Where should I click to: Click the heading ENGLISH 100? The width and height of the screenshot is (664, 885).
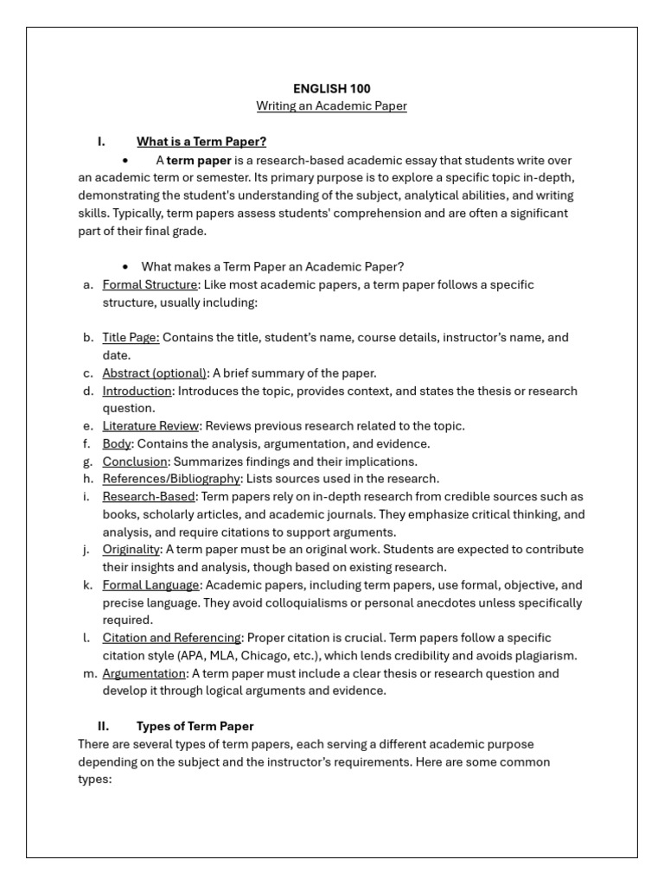[x=331, y=88]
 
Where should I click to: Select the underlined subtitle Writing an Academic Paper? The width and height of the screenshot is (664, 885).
[x=331, y=106]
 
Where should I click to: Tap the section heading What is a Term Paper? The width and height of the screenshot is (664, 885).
[x=201, y=142]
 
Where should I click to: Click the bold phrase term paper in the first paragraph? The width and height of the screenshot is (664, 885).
[x=199, y=160]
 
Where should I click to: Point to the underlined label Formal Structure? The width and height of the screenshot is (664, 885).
[x=150, y=284]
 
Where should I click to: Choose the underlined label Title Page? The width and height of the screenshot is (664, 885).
[x=131, y=338]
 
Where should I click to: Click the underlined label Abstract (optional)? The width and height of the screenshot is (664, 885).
[x=155, y=373]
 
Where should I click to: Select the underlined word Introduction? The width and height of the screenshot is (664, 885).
[x=137, y=391]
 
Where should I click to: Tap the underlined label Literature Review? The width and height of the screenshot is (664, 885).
[x=151, y=426]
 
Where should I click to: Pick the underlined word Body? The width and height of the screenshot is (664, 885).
[x=116, y=443]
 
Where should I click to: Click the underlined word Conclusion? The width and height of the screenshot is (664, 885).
[x=134, y=462]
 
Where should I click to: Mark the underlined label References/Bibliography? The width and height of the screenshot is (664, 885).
[x=171, y=479]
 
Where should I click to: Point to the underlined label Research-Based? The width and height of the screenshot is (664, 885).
[x=149, y=497]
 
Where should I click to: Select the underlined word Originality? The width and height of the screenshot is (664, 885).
[x=131, y=550]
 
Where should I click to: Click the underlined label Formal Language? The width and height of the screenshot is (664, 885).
[x=150, y=585]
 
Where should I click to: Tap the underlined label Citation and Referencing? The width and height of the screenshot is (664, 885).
[x=171, y=638]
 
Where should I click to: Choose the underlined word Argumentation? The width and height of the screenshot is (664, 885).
[x=144, y=673]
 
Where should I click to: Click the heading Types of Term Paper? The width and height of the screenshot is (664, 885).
[x=195, y=726]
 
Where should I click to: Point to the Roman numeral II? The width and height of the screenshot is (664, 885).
[x=103, y=726]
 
